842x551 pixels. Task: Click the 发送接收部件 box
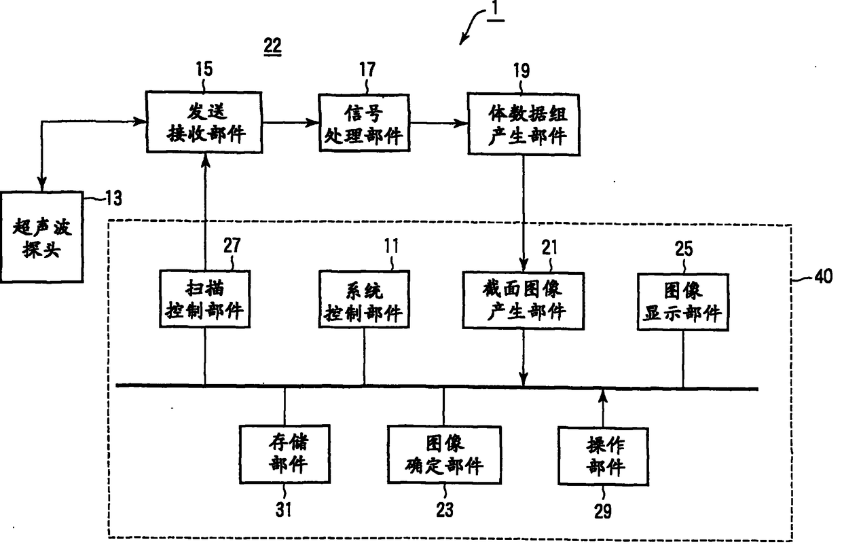click(204, 123)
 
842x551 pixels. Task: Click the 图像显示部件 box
click(682, 302)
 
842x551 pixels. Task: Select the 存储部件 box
click(285, 454)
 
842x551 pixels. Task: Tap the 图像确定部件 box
click(445, 454)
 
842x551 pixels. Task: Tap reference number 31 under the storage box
click(285, 509)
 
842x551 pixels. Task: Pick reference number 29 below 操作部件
click(603, 510)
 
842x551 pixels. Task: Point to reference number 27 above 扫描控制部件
click(232, 245)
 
